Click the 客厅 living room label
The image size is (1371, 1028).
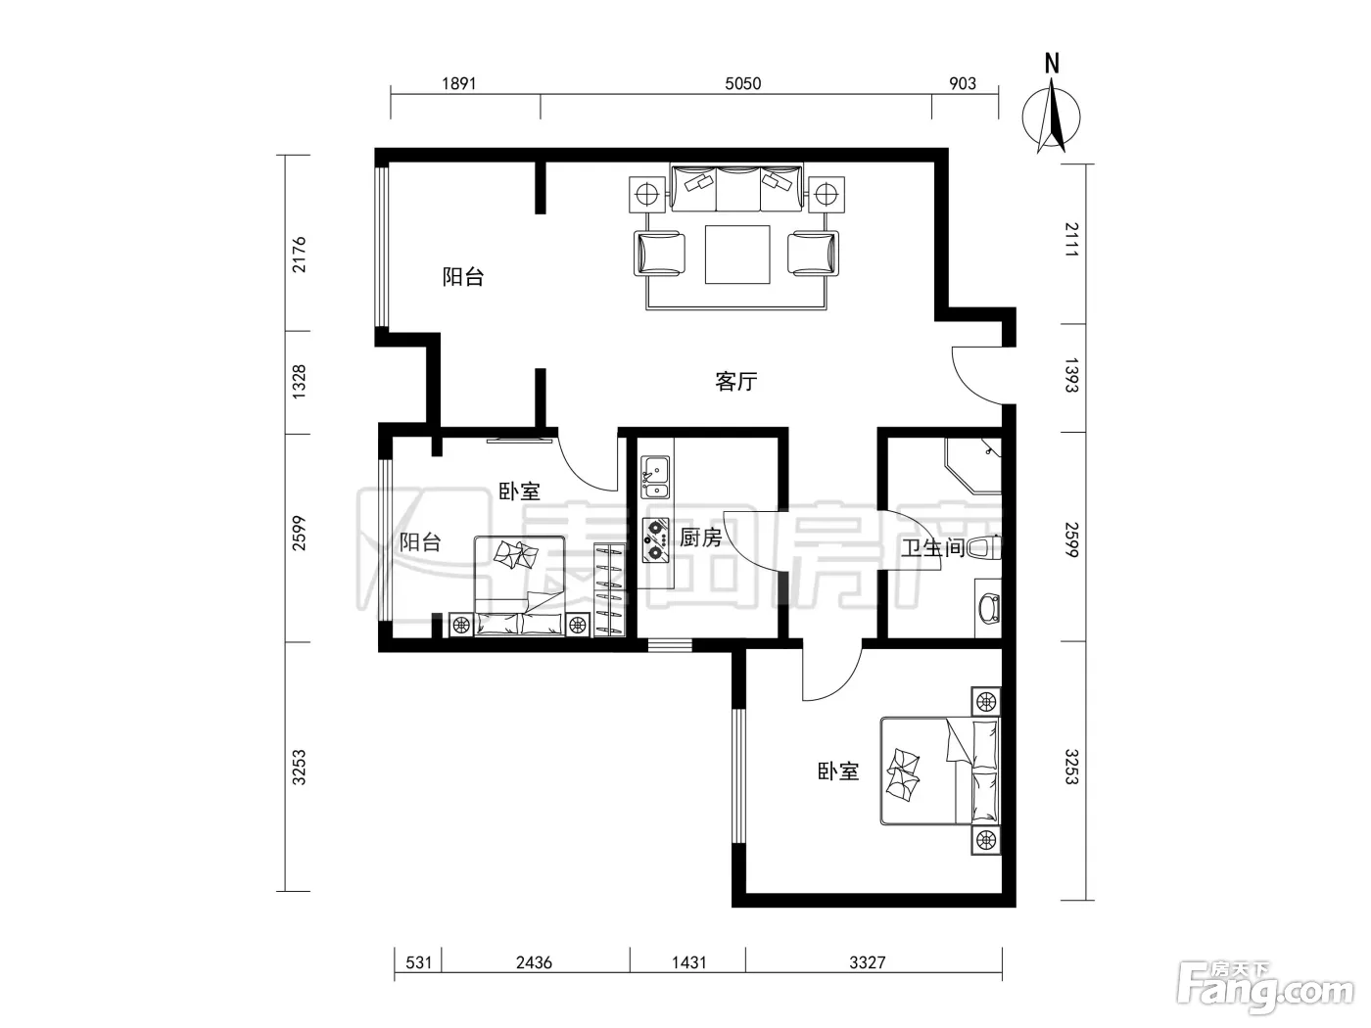pos(736,381)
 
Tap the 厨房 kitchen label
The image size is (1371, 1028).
pos(701,537)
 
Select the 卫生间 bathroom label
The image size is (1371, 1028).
pos(933,548)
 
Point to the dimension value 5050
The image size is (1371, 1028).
pos(742,83)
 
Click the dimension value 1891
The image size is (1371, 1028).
pos(459,83)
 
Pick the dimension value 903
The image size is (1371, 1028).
pos(963,83)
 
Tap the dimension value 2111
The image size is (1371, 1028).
pos(1071,240)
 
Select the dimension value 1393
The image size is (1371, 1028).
pos(1071,375)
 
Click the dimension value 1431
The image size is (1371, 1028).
pos(689,962)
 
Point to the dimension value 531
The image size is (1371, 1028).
pos(418,962)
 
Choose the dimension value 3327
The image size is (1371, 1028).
pos(867,962)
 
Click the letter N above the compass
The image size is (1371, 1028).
pos(1053,64)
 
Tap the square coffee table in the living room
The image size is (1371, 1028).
pos(737,255)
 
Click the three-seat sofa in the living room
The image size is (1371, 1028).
pos(737,188)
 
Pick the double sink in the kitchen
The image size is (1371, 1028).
pos(655,478)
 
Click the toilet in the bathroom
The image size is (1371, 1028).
pos(984,548)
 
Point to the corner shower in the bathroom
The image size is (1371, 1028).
pos(973,466)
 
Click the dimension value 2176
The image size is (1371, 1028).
pos(300,255)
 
